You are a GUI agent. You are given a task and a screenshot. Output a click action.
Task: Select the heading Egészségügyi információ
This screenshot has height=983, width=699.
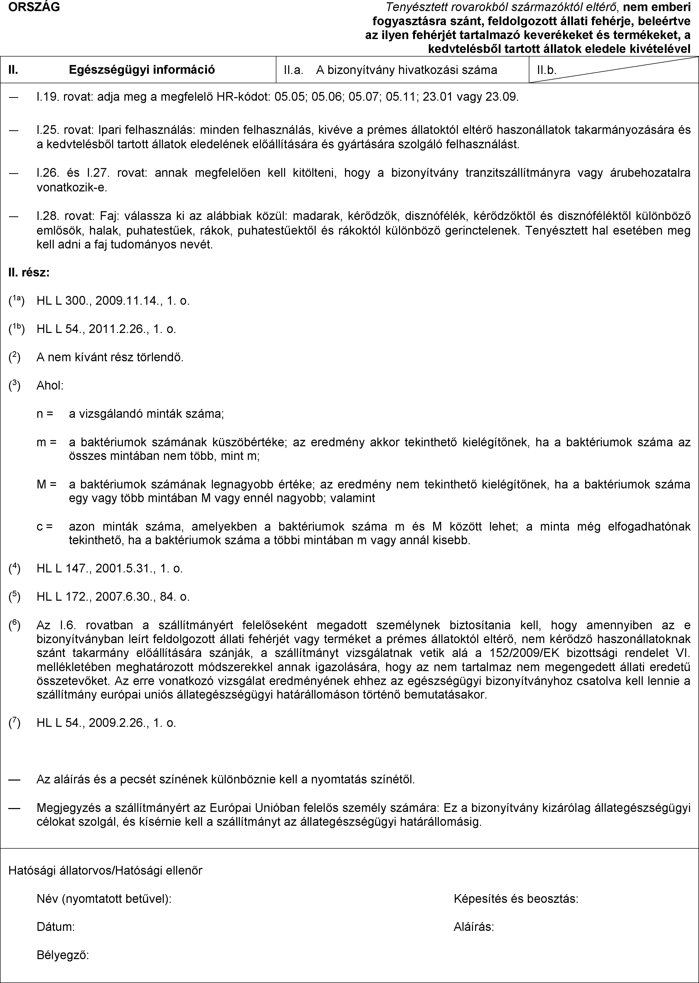[142, 69]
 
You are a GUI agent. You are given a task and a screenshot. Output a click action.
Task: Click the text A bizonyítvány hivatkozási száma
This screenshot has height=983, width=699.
[406, 70]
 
